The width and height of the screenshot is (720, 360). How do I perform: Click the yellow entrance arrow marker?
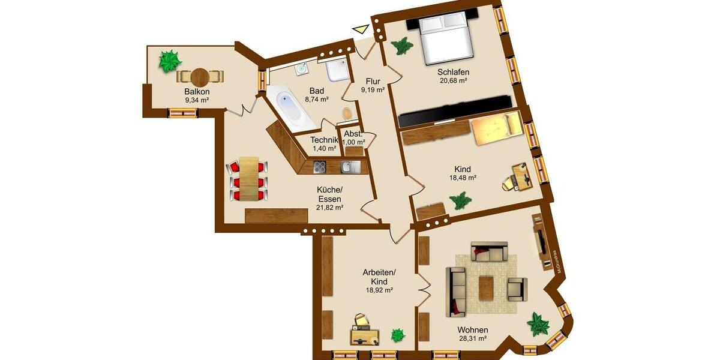(361, 29)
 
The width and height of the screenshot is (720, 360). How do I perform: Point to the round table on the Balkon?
(200, 77)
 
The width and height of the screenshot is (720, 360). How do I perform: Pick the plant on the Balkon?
(170, 60)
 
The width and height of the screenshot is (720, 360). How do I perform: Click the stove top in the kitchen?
(319, 166)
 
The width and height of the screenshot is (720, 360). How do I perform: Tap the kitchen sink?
(349, 166)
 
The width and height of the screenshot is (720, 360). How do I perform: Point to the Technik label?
(324, 140)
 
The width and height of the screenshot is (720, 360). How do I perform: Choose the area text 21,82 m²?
(330, 207)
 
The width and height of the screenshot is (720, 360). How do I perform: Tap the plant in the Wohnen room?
(538, 324)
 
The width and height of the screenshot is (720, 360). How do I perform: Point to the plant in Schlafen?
(401, 46)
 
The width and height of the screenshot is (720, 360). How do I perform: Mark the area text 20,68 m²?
(453, 80)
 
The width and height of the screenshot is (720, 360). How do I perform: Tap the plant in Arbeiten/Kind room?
(397, 335)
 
